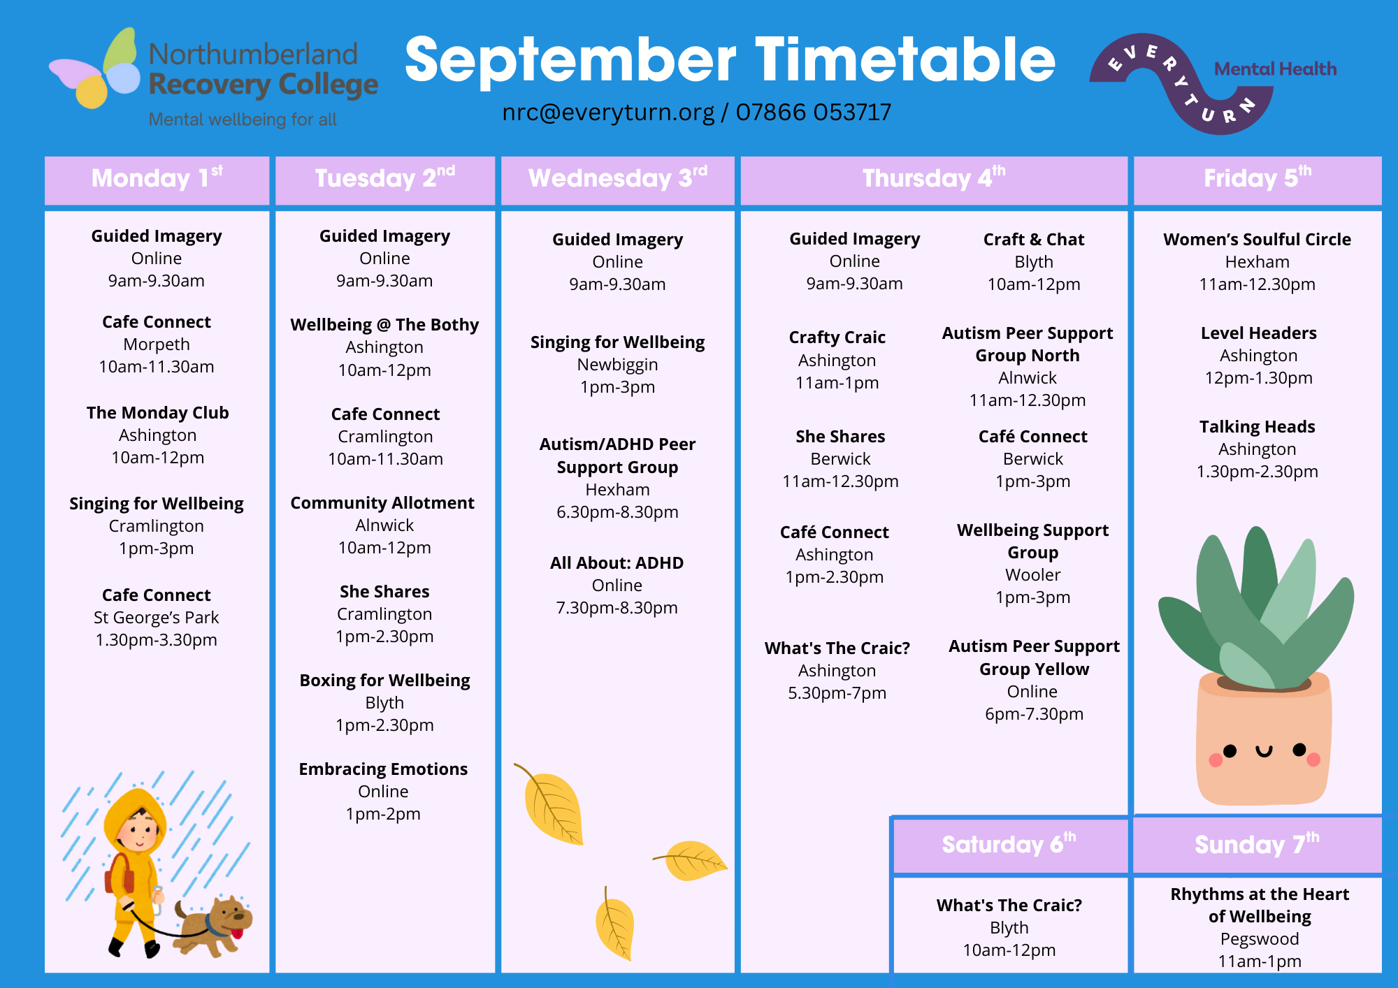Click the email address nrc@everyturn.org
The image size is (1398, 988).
click(x=608, y=112)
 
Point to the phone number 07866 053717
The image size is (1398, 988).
click(x=814, y=112)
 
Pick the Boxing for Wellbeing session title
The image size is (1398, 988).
click(x=384, y=681)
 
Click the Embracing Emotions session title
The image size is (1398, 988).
click(x=383, y=769)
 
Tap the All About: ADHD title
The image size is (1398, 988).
click(x=617, y=563)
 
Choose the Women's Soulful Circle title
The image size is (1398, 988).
click(x=1257, y=240)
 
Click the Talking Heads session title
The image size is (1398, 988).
click(x=1257, y=427)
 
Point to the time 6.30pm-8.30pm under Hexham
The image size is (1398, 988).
click(x=617, y=512)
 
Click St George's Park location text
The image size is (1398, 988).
click(x=157, y=618)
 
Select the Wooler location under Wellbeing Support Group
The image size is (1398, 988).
click(x=1033, y=575)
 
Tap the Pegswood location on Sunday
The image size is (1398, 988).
click(x=1260, y=939)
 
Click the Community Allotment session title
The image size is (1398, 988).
click(x=382, y=503)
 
